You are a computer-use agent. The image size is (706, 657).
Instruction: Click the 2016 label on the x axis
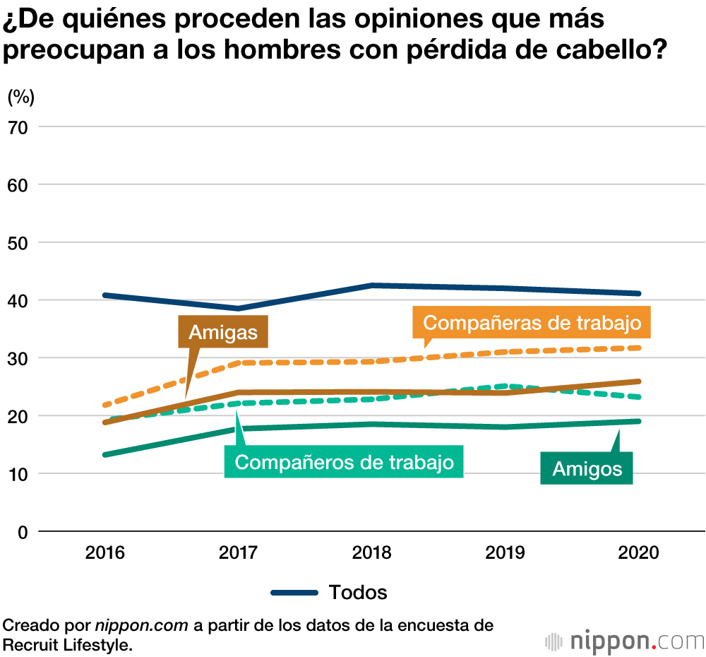(x=104, y=552)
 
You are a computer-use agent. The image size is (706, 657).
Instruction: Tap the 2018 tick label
(x=371, y=552)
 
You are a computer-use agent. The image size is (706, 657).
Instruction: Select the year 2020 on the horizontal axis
(x=638, y=552)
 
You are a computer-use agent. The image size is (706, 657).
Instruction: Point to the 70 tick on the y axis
(x=19, y=127)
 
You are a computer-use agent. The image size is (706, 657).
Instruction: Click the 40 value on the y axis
(x=19, y=300)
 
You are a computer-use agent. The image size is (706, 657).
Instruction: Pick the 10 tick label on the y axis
(x=19, y=473)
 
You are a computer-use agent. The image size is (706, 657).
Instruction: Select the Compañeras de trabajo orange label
(x=532, y=323)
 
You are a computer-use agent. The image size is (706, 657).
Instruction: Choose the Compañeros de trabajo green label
(x=344, y=463)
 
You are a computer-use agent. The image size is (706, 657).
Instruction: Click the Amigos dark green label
(x=587, y=468)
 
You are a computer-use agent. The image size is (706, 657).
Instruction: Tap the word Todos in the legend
(x=358, y=592)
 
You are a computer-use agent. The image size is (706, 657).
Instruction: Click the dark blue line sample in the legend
(x=294, y=592)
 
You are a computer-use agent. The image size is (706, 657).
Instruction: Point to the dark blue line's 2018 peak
(x=371, y=285)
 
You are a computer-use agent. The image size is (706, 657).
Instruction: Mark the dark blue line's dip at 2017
(x=238, y=308)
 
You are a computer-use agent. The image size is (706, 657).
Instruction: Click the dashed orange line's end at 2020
(x=638, y=348)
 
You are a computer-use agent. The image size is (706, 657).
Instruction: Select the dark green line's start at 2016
(x=105, y=454)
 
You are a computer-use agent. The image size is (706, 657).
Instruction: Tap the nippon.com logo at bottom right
(x=625, y=641)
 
